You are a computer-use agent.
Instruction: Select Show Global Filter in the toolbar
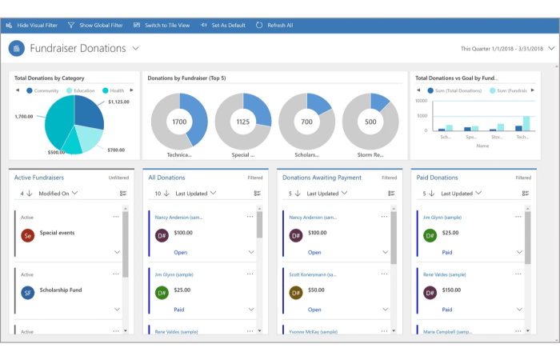click(97, 25)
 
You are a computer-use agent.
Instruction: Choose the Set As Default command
click(224, 25)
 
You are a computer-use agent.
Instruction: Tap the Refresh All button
click(274, 25)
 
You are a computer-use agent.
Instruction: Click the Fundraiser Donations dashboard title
click(78, 48)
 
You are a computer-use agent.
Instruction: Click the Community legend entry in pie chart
click(46, 90)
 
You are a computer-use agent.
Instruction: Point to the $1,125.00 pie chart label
click(118, 102)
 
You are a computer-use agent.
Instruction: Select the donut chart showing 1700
click(179, 122)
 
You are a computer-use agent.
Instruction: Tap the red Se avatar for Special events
click(27, 235)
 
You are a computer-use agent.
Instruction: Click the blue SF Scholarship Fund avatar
click(27, 292)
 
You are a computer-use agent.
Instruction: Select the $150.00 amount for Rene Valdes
click(451, 290)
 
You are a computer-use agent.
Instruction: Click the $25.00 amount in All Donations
click(182, 290)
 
